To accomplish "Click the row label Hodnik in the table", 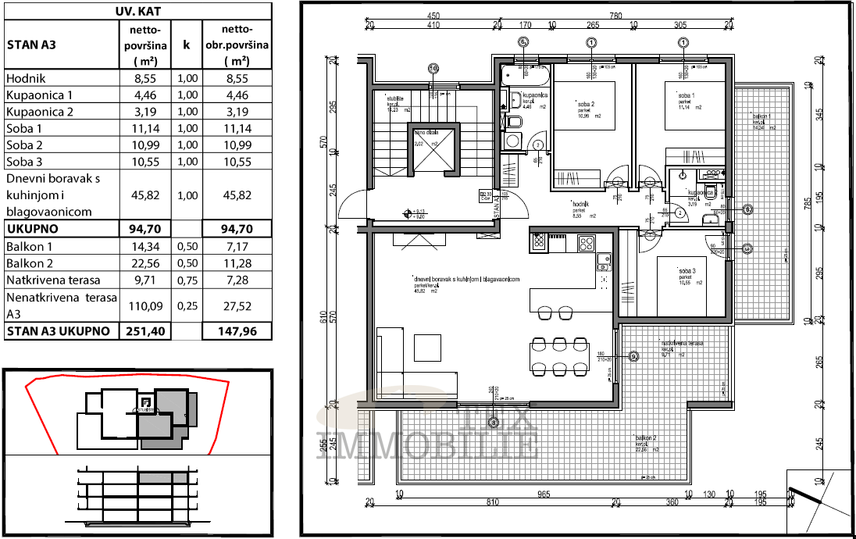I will coord(26,79).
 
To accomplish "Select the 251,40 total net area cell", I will coord(145,331).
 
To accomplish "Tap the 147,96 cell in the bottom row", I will coord(236,331).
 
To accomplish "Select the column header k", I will coord(186,45).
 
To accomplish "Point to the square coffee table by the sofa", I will coord(426,347).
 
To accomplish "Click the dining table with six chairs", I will coord(560,356).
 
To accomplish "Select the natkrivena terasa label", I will coord(683,344).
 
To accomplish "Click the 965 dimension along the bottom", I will coord(544,494).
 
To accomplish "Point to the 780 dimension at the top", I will coord(615,15).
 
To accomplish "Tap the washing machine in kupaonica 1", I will coord(512,141).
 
